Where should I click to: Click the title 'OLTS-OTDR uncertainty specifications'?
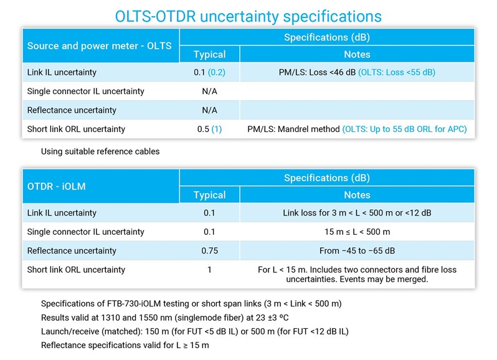click(x=249, y=16)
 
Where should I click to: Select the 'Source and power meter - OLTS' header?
click(x=99, y=45)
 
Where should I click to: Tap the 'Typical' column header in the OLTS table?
click(x=209, y=55)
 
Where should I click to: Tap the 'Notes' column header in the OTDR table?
click(x=357, y=196)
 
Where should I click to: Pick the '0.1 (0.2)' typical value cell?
click(x=209, y=72)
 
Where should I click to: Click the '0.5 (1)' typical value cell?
click(x=208, y=130)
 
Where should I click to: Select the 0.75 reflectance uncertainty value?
click(x=209, y=251)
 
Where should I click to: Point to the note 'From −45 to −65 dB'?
click(x=357, y=251)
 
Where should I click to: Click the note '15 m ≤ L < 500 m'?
click(x=357, y=232)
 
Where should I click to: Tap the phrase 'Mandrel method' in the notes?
click(x=309, y=130)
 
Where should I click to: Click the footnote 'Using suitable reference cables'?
click(x=101, y=151)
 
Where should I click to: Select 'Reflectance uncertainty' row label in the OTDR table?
click(x=72, y=251)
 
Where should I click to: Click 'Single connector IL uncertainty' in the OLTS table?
click(x=85, y=92)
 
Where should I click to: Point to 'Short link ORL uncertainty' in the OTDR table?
click(x=76, y=270)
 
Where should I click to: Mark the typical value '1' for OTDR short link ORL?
click(x=209, y=270)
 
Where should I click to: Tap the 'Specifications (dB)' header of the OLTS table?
click(x=326, y=37)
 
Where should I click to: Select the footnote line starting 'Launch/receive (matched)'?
click(x=194, y=331)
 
